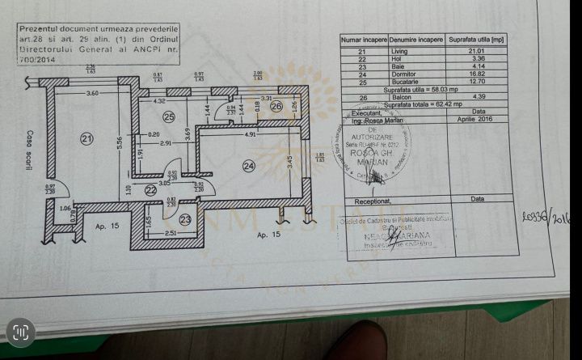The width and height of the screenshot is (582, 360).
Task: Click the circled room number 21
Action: coord(87,138)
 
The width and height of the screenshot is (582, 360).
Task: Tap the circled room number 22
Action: coord(150,190)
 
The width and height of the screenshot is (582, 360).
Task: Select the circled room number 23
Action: coord(186,218)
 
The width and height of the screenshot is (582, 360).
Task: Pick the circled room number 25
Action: coord(169,117)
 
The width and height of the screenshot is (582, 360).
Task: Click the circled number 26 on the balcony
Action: coord(276,105)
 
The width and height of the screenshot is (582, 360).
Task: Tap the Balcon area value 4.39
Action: coord(477,97)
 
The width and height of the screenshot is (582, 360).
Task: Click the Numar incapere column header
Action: coord(364,39)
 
